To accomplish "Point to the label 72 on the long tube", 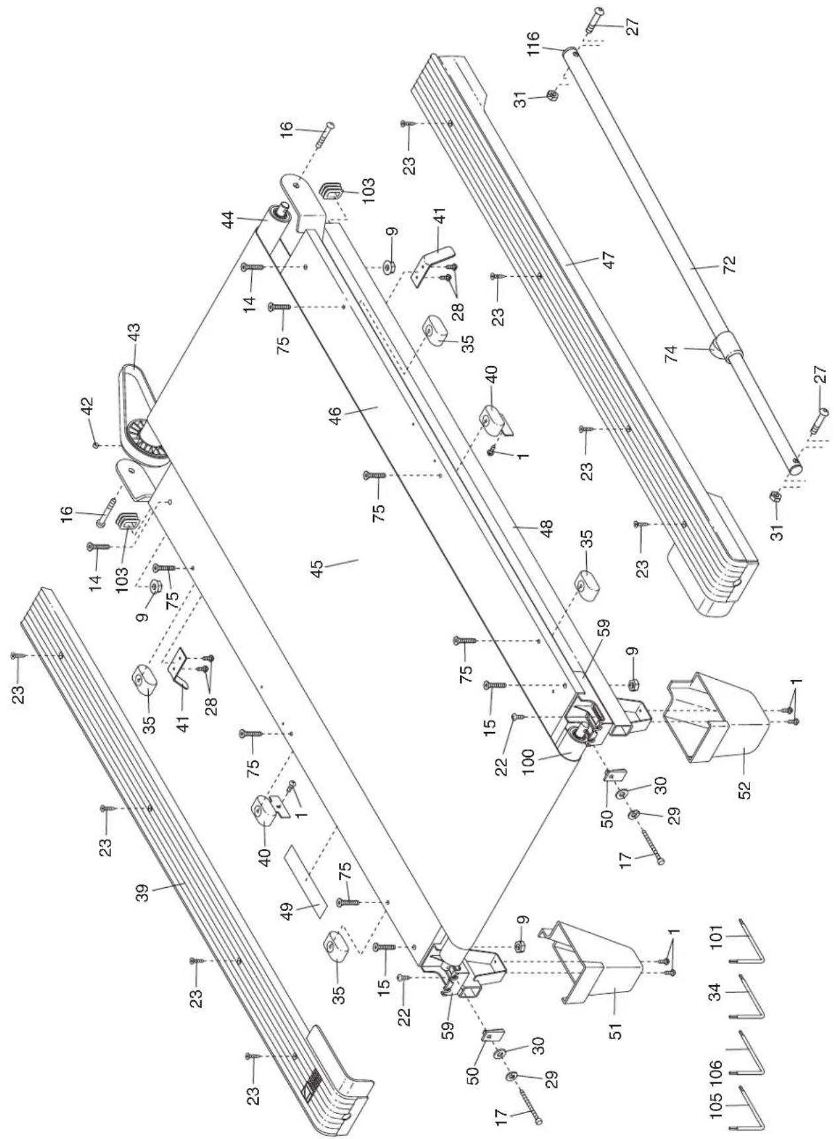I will [x=730, y=264].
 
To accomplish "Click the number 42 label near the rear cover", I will [x=88, y=413].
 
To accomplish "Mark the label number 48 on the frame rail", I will [x=546, y=529].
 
